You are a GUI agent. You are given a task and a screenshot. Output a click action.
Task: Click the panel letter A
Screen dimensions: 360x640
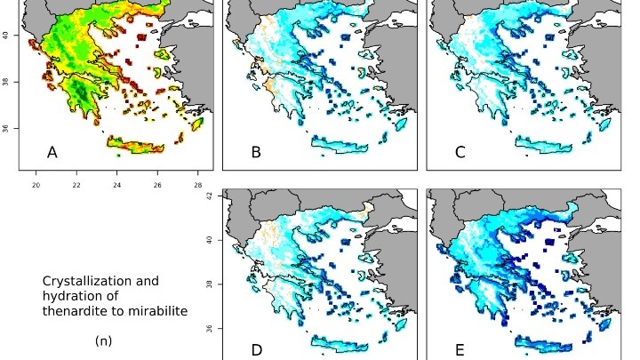52,153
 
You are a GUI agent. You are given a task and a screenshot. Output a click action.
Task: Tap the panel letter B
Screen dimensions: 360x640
256,153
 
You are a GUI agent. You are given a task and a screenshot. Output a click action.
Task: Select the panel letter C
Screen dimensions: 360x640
460,153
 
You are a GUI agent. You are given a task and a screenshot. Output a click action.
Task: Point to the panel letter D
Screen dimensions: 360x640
256,350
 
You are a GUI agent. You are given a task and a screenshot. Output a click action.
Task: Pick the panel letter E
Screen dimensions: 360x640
460,350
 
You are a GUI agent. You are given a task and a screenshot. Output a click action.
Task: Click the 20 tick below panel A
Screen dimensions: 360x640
36,185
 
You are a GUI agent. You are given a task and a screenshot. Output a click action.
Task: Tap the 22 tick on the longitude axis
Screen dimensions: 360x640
76,185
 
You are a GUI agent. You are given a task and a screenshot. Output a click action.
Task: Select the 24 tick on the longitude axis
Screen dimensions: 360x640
117,185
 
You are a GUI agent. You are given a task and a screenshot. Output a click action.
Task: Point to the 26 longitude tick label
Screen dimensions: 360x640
157,185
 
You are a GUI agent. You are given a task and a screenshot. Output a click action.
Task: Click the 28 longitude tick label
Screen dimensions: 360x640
198,185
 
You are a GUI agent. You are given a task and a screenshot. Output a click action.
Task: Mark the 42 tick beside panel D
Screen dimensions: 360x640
211,197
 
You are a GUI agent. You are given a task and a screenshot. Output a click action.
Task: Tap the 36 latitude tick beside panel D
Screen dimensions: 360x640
211,330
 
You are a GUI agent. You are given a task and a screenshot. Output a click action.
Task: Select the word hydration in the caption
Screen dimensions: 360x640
75,296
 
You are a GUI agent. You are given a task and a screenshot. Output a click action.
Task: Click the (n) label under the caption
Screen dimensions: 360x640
102,340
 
